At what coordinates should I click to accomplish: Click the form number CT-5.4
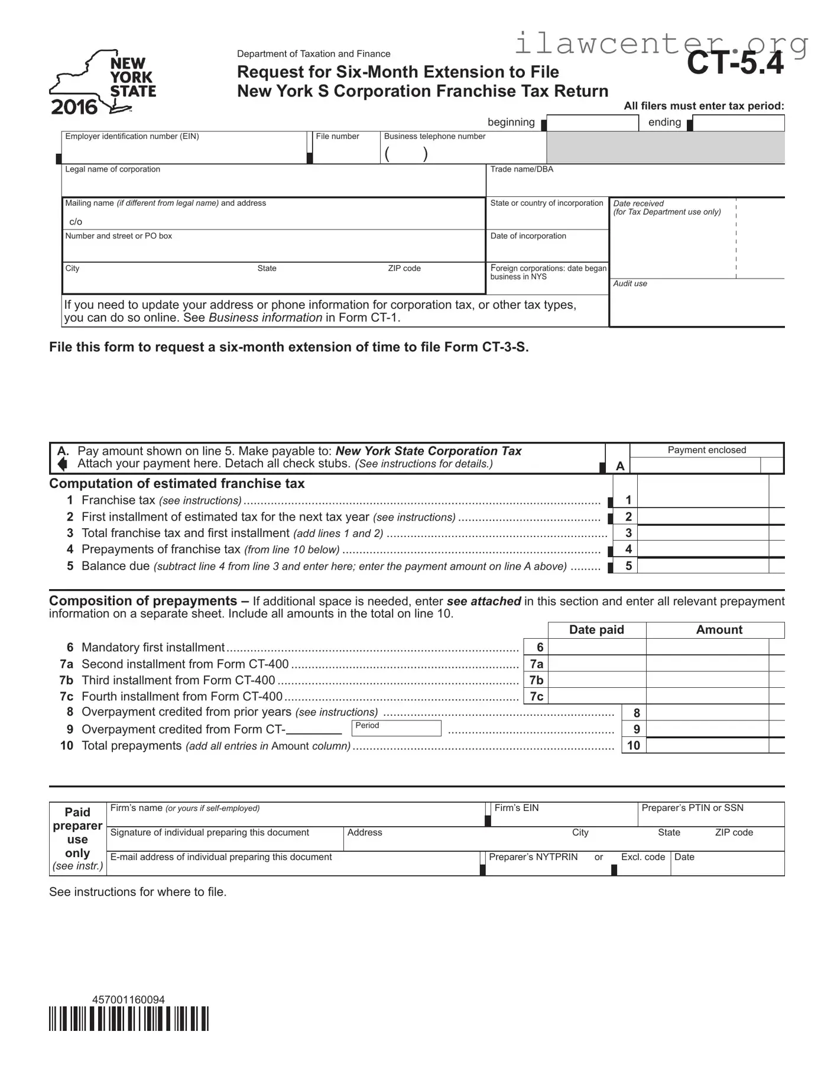point(735,64)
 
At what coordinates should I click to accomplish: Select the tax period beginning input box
point(592,123)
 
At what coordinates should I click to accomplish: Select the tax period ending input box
point(738,123)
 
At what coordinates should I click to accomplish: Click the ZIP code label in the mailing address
point(404,269)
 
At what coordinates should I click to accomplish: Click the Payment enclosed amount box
point(695,466)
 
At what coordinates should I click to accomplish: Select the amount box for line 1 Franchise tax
point(703,500)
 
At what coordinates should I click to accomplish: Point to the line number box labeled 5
point(628,566)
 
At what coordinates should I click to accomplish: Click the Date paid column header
point(596,630)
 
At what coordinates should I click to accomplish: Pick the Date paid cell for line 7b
point(597,680)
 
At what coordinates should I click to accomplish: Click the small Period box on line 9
point(397,729)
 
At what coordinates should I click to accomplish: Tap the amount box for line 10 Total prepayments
point(708,745)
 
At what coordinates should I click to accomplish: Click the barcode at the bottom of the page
point(129,1018)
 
